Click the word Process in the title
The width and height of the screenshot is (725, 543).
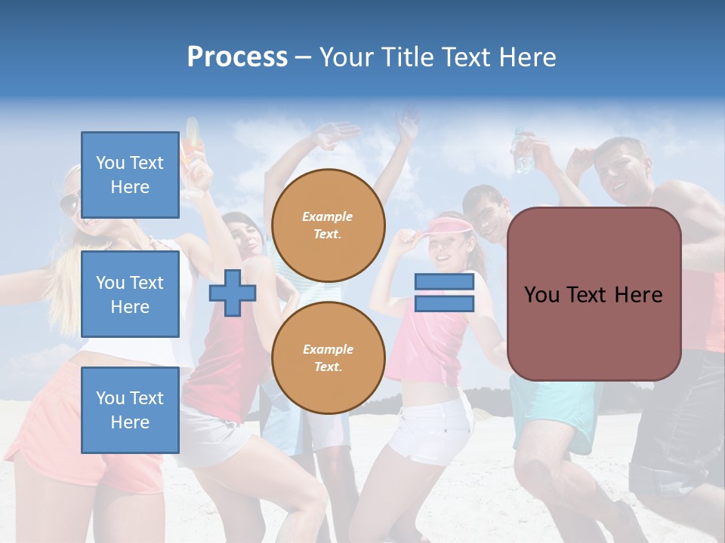(237, 57)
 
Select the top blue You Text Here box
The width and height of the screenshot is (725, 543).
(130, 175)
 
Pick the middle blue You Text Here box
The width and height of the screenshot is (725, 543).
(130, 294)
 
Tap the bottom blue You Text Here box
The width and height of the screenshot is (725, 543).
(130, 410)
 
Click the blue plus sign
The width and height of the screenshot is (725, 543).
(233, 293)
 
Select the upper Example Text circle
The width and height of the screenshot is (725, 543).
(329, 225)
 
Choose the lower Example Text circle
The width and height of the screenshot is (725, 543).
(329, 357)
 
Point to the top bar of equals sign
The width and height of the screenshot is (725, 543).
(444, 282)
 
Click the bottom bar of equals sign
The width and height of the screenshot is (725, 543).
(444, 303)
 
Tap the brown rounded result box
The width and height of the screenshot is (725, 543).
(594, 294)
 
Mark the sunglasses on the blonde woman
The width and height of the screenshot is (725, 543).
(69, 204)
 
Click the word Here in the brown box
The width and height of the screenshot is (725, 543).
(640, 294)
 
